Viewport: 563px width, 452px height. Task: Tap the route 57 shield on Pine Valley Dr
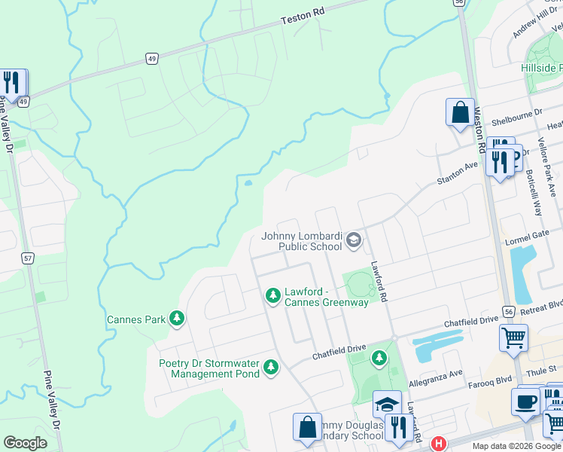coord(28,258)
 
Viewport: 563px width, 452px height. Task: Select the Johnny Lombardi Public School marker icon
coord(354,240)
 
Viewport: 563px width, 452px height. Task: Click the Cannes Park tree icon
coord(177,319)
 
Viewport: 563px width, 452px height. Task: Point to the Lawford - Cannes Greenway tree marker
coord(272,296)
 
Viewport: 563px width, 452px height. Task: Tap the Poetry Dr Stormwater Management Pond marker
coord(271,368)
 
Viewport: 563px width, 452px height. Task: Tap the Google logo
coord(25,443)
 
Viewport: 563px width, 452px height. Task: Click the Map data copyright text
coord(516,445)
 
